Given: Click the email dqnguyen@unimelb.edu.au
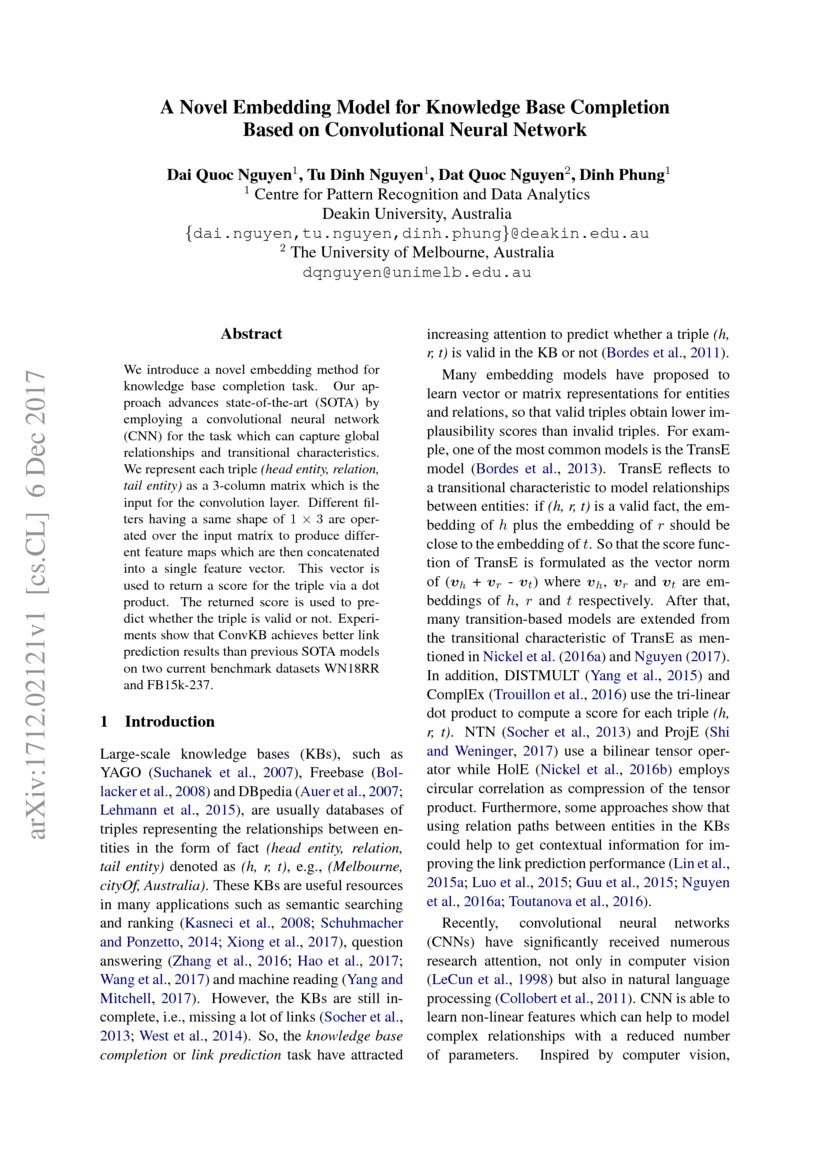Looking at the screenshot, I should [415, 271].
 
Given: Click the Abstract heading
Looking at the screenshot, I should [251, 334].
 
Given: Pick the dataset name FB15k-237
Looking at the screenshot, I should [183, 687].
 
